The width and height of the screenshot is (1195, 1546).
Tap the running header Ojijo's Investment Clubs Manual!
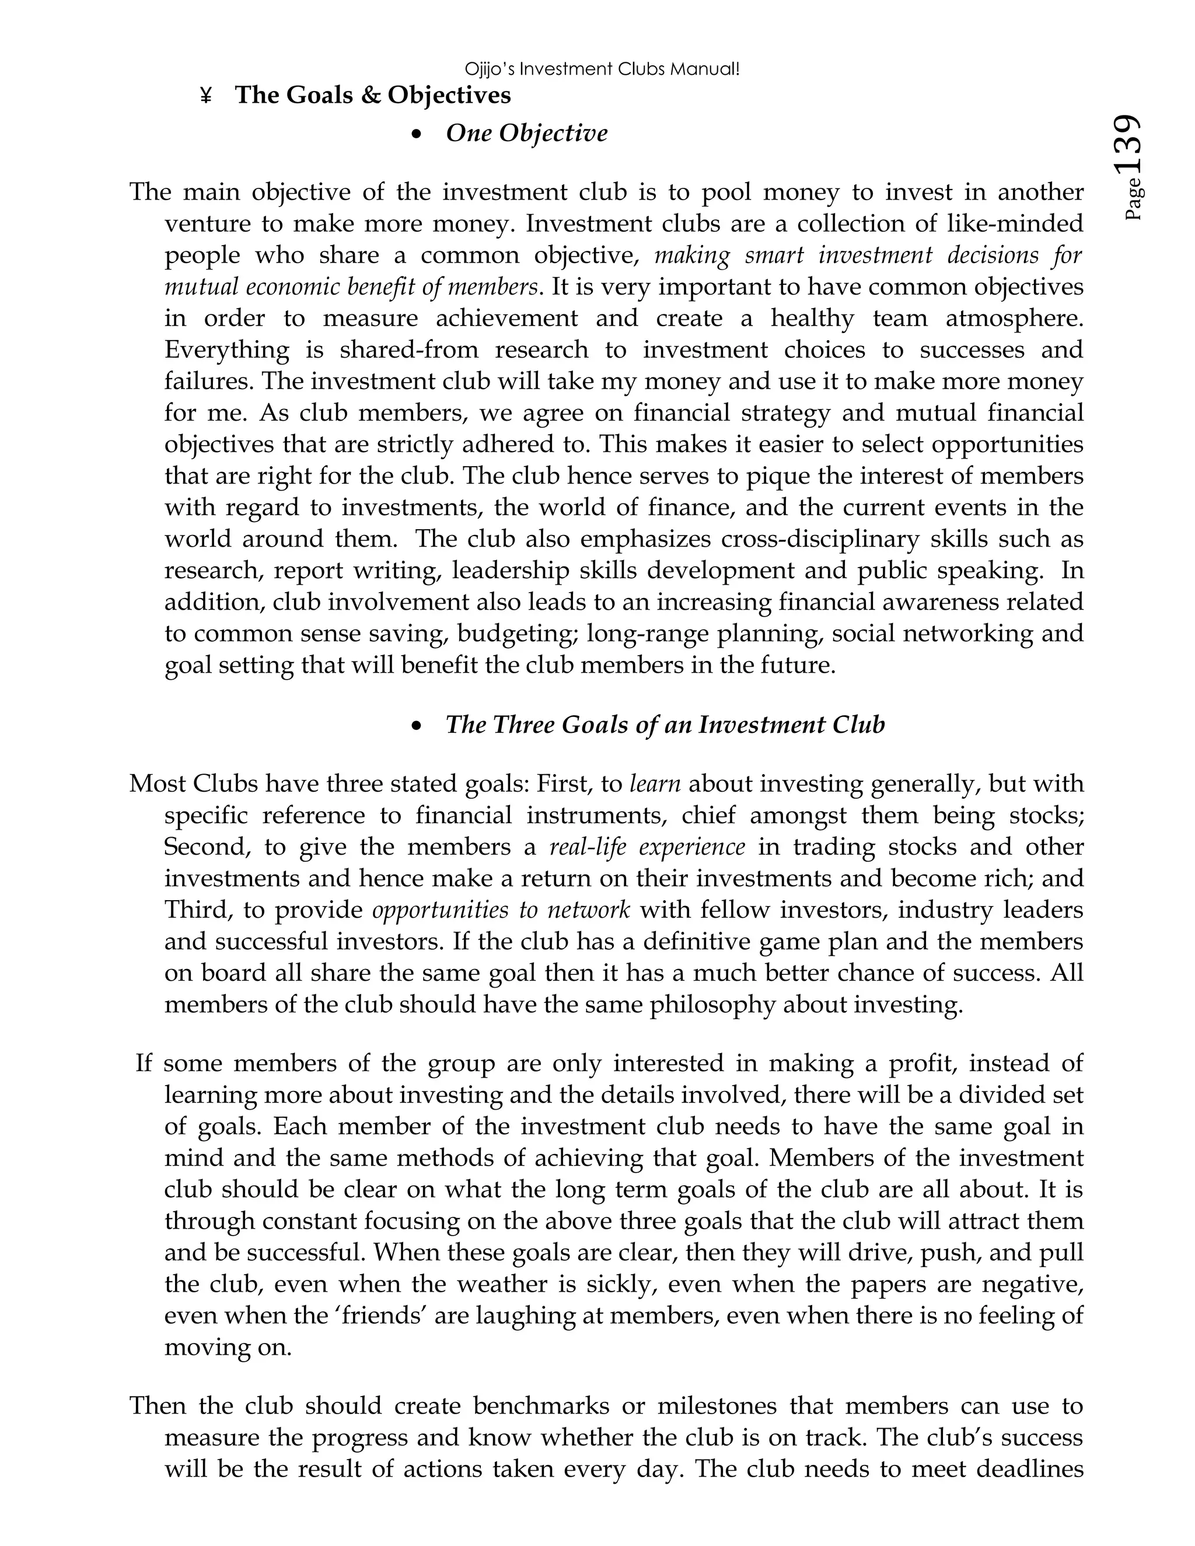point(602,69)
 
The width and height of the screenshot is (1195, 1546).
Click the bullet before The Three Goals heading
point(418,726)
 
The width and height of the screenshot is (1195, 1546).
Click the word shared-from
point(408,349)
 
